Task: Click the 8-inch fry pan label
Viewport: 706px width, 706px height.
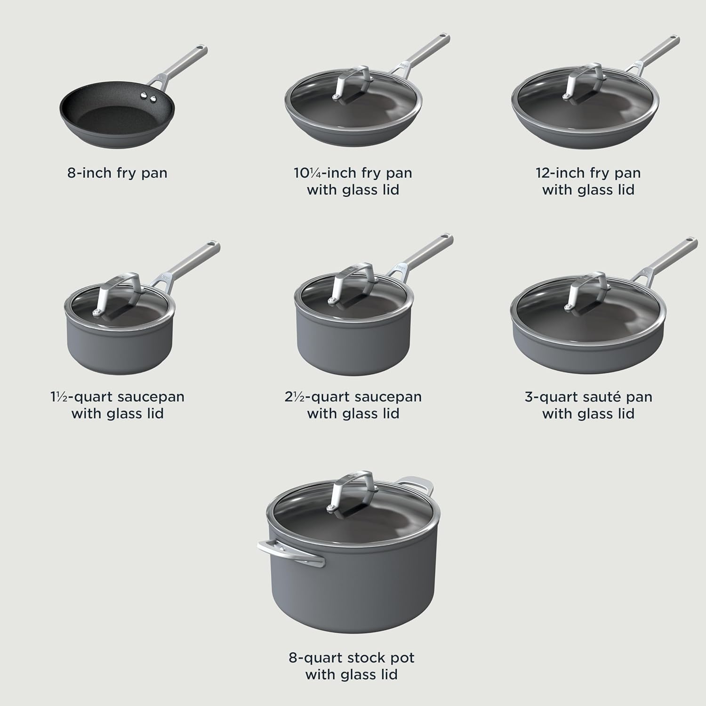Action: click(117, 173)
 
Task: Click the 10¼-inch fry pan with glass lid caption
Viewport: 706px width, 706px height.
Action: click(353, 181)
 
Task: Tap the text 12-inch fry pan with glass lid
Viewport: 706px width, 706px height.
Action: click(588, 181)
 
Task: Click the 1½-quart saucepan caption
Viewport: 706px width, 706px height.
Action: click(117, 405)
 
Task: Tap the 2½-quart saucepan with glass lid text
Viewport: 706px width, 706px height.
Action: click(353, 405)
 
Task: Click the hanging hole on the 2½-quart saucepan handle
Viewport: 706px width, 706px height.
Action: click(445, 238)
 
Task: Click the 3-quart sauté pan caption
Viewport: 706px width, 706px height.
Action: click(588, 405)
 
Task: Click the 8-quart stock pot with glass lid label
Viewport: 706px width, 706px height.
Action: click(352, 666)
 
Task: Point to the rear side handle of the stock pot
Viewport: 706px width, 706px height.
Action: click(417, 483)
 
